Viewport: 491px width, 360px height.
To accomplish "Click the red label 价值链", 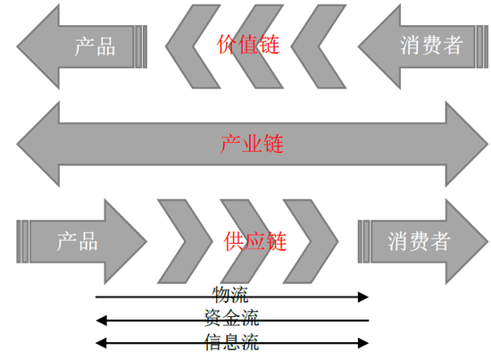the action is tap(247, 45).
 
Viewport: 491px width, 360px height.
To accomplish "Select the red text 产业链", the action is tap(252, 144).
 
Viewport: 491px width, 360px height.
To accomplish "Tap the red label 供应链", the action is tap(255, 241).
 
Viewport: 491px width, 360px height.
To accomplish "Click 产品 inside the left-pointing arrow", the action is tap(95, 46).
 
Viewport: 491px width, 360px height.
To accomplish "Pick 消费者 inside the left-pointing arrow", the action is tap(431, 46).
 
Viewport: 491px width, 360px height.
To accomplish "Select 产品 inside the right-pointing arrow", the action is tap(77, 241).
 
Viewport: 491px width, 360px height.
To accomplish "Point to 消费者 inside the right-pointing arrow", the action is tap(420, 241).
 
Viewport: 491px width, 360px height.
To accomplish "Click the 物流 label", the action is tap(230, 295).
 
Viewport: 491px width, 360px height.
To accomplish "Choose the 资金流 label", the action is tap(232, 318).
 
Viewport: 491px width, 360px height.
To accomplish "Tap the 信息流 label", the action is tap(232, 342).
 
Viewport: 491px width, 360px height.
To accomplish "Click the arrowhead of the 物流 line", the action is tap(363, 297).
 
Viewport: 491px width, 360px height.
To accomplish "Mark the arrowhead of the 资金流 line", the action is tap(101, 321).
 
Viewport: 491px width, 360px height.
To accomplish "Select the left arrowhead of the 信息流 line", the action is tap(101, 343).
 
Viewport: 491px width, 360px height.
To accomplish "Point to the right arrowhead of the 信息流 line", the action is tap(363, 343).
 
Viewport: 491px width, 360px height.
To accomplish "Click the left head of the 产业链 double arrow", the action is tap(37, 144).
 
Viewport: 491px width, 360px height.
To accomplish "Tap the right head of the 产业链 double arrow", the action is tap(467, 144).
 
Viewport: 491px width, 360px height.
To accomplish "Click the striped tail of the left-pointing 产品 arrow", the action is tap(140, 46).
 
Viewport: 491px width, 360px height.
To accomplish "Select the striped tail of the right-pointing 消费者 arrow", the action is tap(364, 241).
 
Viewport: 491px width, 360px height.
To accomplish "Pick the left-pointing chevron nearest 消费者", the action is tap(319, 46).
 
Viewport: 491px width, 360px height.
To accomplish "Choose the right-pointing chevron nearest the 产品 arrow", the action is tap(185, 241).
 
